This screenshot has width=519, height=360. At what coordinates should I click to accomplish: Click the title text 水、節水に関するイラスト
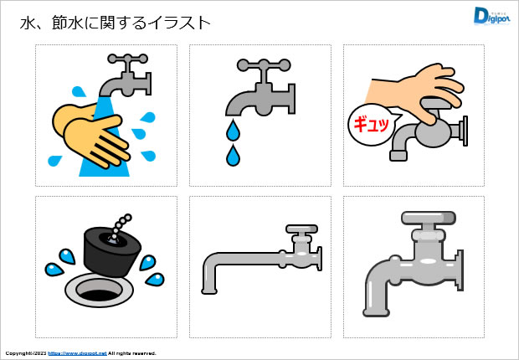115,23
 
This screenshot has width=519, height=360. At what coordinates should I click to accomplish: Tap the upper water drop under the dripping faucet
233,130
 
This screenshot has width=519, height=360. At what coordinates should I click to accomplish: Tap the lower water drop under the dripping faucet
233,155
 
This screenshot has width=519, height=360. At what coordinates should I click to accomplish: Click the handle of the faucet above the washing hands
128,59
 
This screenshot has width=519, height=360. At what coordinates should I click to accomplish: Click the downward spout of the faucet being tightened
398,151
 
